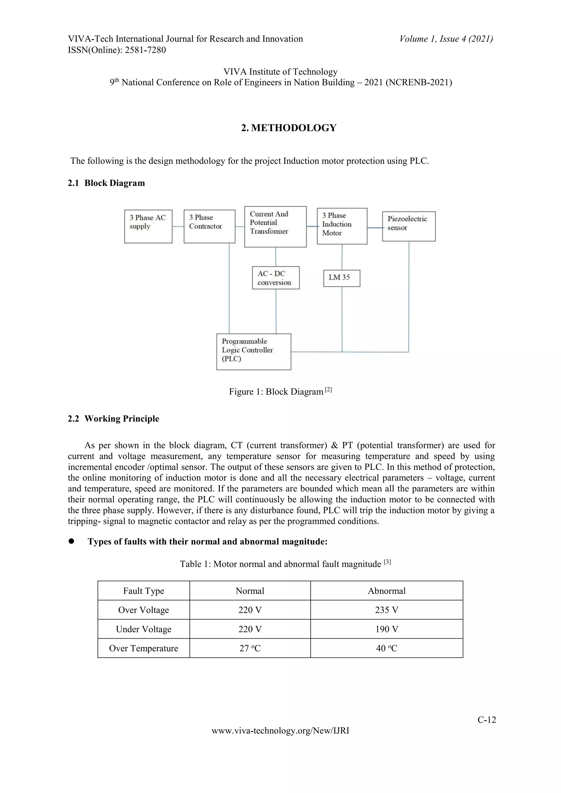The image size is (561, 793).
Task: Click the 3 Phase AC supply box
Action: (x=148, y=226)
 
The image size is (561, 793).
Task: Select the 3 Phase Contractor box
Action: (x=209, y=226)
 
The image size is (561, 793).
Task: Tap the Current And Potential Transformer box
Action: (x=275, y=226)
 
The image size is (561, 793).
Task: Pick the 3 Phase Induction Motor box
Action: (x=342, y=226)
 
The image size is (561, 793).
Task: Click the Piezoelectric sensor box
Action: (x=409, y=226)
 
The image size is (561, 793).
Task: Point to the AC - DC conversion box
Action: (x=276, y=278)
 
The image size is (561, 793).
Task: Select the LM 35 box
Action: (x=342, y=278)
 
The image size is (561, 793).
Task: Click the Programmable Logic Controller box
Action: (x=254, y=352)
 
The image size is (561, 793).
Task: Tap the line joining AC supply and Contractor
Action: (x=178, y=226)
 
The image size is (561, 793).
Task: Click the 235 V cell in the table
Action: (x=387, y=610)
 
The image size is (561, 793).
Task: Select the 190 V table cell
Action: (x=387, y=629)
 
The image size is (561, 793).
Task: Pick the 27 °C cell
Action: (x=250, y=648)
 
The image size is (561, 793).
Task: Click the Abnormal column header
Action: (x=387, y=591)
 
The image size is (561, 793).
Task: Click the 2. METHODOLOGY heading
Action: (x=289, y=128)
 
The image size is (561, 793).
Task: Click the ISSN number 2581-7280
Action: (x=145, y=50)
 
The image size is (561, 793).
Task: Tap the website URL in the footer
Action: (x=280, y=731)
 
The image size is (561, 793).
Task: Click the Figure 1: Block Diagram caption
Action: (x=280, y=391)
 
